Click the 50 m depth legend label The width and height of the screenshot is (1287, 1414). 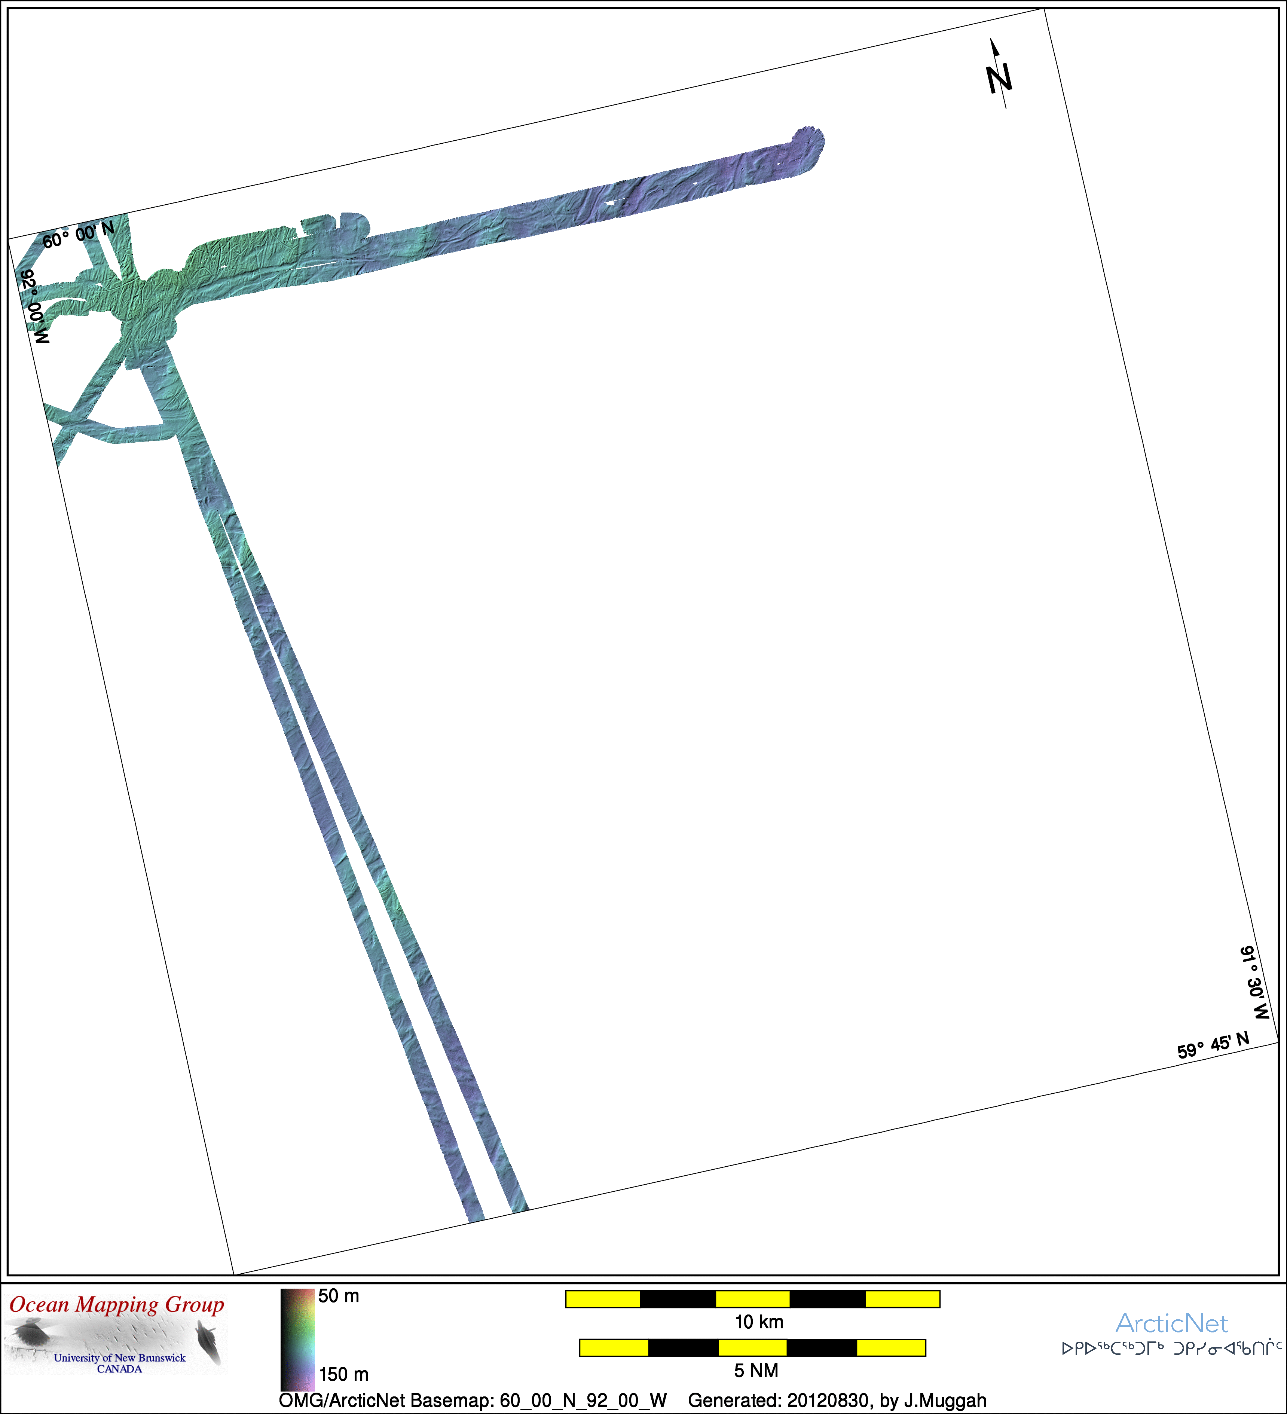(x=339, y=1296)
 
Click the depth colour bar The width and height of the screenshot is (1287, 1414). (x=297, y=1339)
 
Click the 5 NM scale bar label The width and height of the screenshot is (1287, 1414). (x=756, y=1371)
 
